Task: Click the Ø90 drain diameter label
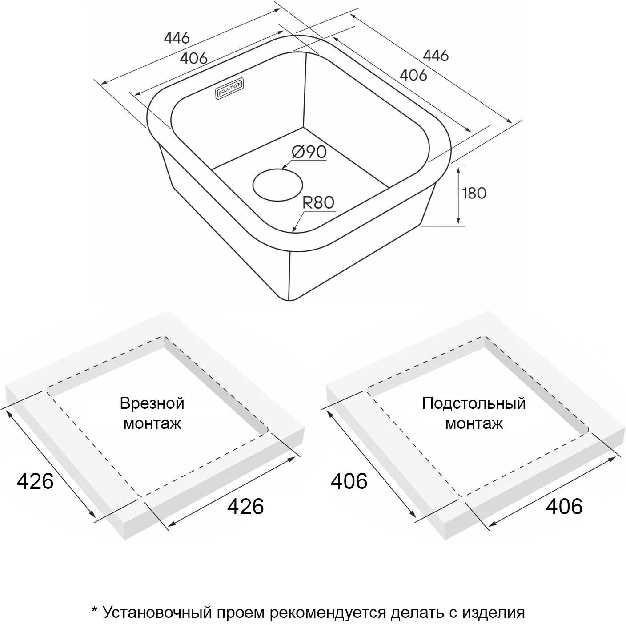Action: click(309, 152)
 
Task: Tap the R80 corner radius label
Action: click(318, 203)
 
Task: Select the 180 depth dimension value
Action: click(474, 193)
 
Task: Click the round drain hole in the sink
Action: click(277, 185)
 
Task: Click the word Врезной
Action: click(152, 403)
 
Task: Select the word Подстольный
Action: click(474, 403)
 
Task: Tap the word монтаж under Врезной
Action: click(152, 424)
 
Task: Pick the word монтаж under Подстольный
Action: click(474, 424)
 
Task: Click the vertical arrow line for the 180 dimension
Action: click(458, 195)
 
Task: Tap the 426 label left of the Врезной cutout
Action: click(35, 481)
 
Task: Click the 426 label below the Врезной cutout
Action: click(245, 506)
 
